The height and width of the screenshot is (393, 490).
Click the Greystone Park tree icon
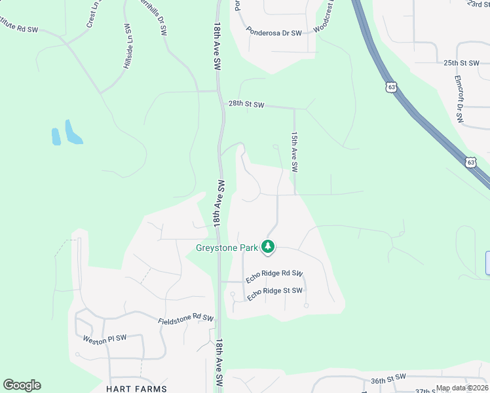(267, 247)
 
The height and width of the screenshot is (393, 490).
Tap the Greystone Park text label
(227, 248)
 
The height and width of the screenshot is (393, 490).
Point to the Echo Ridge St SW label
(274, 294)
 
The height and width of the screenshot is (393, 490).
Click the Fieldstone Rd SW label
(186, 318)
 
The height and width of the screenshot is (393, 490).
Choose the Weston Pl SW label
(104, 339)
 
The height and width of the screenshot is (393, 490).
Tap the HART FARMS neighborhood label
(136, 388)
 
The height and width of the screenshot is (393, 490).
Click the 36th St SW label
(388, 379)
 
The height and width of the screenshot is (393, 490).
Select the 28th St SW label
(246, 104)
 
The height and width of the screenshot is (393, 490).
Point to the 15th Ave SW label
(295, 151)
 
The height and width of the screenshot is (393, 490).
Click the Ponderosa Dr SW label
(274, 31)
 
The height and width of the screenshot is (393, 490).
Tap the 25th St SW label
(462, 63)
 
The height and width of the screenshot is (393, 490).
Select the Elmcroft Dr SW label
(459, 99)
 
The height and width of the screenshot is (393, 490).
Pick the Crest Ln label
(91, 14)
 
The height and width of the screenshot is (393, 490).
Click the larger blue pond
(72, 132)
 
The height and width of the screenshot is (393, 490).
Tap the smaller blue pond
(56, 136)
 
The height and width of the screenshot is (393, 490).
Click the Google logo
(22, 385)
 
